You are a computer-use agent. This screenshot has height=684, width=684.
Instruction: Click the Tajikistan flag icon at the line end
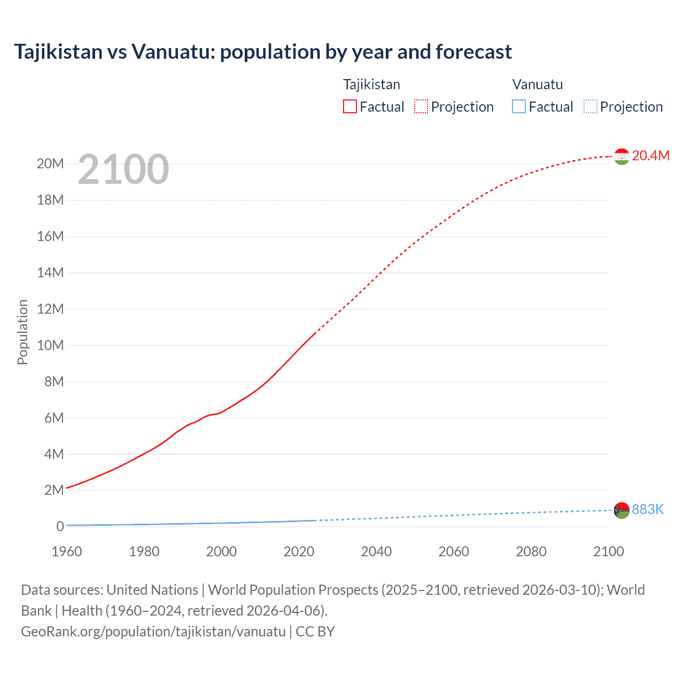tap(621, 156)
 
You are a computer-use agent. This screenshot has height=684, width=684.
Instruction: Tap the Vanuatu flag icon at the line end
tap(621, 510)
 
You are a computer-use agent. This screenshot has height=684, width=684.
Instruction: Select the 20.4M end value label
tap(650, 156)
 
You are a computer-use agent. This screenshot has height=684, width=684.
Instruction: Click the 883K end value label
tap(648, 510)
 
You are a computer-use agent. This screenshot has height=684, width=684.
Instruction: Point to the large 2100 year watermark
tap(123, 169)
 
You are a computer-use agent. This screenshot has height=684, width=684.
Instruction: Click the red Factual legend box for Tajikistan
tap(350, 106)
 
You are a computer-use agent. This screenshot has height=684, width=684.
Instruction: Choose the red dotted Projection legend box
tap(421, 106)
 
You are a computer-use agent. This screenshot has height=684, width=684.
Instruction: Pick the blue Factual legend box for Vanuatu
tap(519, 106)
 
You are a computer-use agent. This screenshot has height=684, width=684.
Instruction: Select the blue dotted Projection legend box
tap(590, 106)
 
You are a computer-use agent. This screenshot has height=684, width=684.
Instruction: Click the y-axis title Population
tap(22, 332)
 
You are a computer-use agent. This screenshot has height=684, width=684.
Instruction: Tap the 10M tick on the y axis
tap(50, 345)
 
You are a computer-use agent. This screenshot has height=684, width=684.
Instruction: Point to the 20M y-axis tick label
tap(50, 164)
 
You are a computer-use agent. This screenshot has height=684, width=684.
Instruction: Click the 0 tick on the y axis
tap(60, 526)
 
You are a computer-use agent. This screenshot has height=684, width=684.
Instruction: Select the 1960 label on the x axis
tap(67, 551)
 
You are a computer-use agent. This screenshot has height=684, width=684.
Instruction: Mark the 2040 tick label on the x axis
tap(376, 551)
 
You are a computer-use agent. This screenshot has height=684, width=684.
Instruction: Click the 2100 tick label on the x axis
tap(608, 551)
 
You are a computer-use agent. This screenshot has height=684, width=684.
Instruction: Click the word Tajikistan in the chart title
tap(58, 52)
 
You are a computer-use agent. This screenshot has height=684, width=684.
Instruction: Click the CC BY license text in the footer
tap(315, 631)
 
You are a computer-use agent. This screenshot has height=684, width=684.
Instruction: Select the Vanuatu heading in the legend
tap(538, 84)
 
